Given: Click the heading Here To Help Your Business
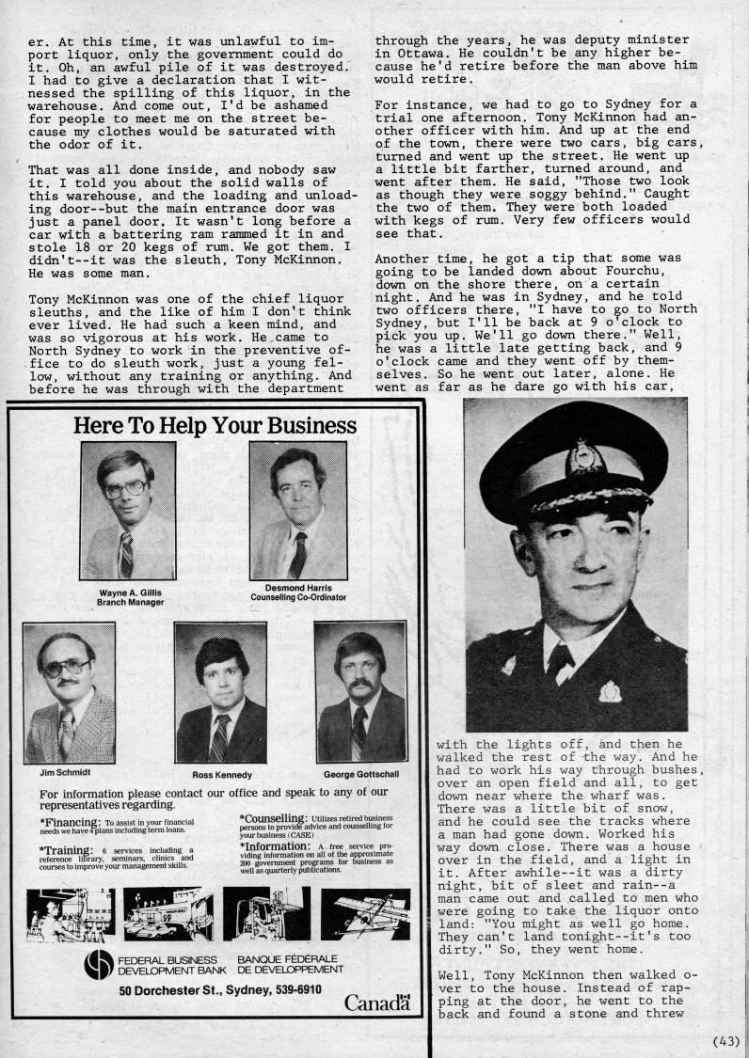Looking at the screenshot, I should [x=215, y=425].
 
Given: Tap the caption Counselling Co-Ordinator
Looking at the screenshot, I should [x=297, y=597].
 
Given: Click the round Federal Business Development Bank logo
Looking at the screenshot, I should [x=97, y=966].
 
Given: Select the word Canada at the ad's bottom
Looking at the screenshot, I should [x=376, y=1003].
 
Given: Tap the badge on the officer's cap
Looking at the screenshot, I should [x=585, y=460].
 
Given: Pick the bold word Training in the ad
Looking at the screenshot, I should [x=69, y=849].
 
